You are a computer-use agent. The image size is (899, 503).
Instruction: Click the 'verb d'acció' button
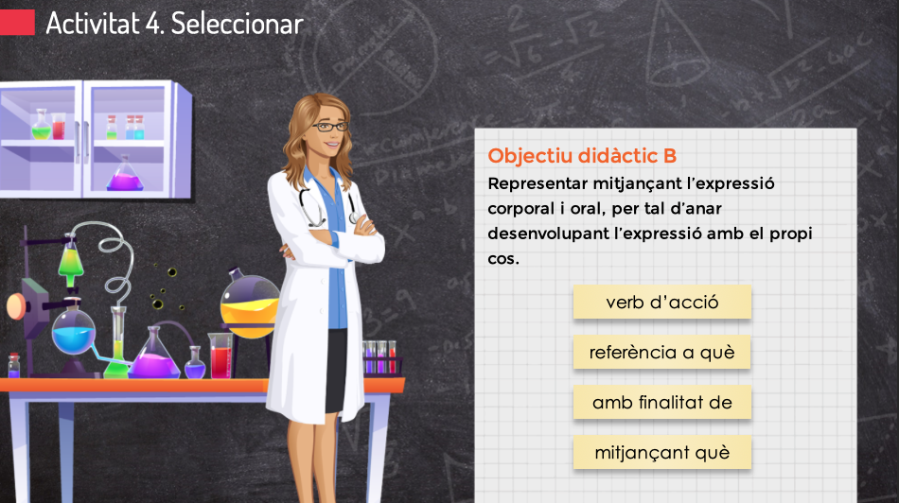click(x=661, y=302)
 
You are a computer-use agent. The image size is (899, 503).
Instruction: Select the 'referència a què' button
click(x=661, y=352)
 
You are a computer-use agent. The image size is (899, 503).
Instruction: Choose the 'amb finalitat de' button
click(x=661, y=402)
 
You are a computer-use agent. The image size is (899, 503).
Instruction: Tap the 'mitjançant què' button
click(x=661, y=453)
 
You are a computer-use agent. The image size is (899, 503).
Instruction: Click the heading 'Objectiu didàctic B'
click(x=582, y=156)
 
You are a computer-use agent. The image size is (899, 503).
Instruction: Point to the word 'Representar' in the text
click(x=538, y=184)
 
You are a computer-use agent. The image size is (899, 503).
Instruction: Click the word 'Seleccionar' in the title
click(x=237, y=24)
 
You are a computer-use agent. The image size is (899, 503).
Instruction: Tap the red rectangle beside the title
click(x=17, y=23)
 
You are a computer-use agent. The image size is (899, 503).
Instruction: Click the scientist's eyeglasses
click(x=331, y=127)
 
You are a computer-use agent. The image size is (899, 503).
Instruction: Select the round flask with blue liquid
click(x=73, y=331)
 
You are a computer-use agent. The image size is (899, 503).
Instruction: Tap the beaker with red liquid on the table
click(x=220, y=356)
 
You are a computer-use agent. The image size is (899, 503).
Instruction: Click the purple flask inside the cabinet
click(x=124, y=175)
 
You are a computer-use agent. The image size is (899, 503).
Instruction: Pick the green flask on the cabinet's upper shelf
click(x=41, y=126)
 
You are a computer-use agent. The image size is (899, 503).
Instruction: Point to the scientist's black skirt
click(x=336, y=370)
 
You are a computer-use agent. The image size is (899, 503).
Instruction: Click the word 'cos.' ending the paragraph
click(x=503, y=259)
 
